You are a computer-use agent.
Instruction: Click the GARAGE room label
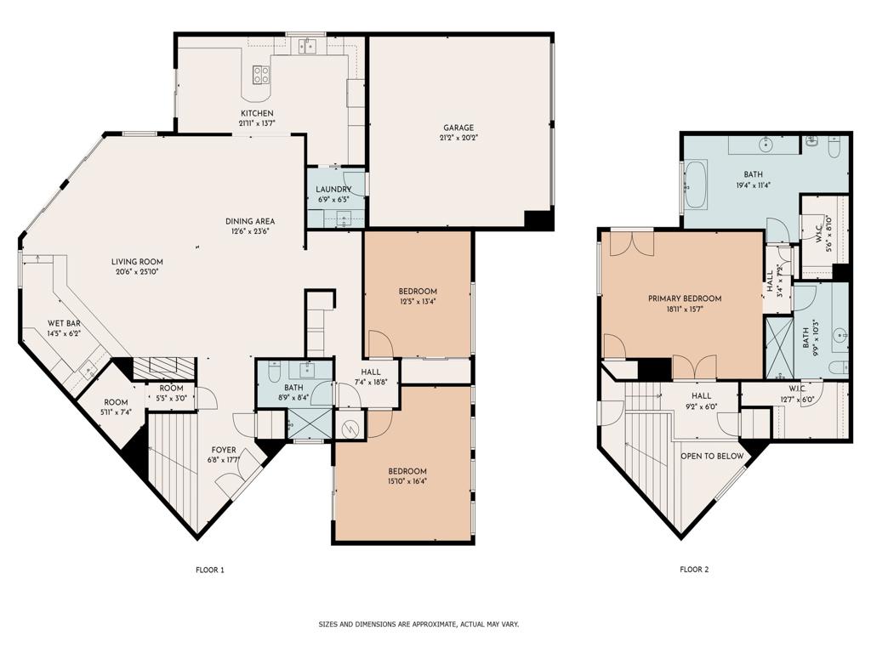coord(458,128)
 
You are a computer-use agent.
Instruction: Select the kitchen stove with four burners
coord(261,75)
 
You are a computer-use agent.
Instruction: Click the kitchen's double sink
coord(306,46)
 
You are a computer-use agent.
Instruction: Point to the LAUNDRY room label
coord(333,190)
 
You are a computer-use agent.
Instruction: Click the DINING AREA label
coord(250,221)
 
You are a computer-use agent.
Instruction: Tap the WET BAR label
coord(64,323)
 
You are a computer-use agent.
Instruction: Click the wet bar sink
coord(88,371)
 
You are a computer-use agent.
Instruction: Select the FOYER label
coord(224,450)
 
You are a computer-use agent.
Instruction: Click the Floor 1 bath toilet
coord(273,372)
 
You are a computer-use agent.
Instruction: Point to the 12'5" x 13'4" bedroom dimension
coord(418,302)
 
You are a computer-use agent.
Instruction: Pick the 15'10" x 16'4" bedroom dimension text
coord(407,481)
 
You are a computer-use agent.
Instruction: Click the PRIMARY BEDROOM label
coord(685,298)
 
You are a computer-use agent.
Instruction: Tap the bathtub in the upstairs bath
coord(695,185)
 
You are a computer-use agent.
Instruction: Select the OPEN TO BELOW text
coord(712,456)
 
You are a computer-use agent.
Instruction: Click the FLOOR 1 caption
coord(210,570)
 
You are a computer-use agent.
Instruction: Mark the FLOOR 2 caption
coord(694,570)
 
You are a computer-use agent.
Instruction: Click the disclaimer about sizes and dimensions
coord(418,624)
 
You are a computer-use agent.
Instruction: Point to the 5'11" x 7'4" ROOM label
coord(116,406)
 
